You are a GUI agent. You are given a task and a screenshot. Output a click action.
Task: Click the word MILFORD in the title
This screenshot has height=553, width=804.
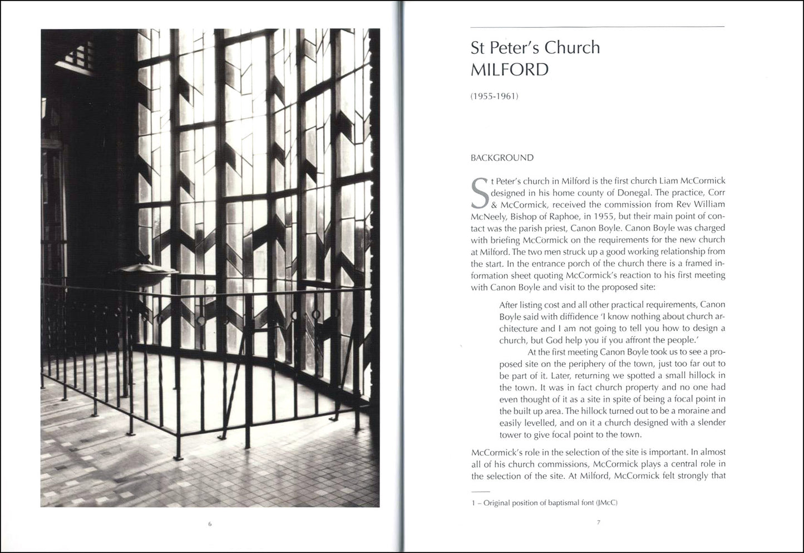coord(510,70)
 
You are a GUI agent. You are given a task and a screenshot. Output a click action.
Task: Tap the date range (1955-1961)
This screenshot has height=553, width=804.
coord(495,96)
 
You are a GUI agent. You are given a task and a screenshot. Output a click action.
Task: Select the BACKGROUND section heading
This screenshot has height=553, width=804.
coord(502,158)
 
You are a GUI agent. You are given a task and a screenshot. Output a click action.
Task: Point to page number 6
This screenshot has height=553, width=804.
coord(210,523)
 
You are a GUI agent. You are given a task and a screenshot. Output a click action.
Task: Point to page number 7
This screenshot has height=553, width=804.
coord(598,522)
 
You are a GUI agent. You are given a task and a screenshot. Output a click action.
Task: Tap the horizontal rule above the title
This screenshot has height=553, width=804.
coord(597,27)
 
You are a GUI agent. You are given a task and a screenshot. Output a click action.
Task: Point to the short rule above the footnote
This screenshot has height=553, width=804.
coord(480,492)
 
